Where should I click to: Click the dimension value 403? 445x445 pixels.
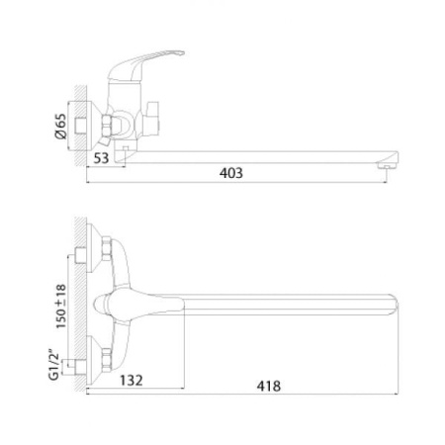(231, 173)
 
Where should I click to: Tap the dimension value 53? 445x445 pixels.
(101, 158)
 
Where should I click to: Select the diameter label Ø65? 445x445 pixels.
(61, 126)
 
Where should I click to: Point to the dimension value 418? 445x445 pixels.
(269, 386)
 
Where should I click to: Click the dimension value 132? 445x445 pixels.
(131, 381)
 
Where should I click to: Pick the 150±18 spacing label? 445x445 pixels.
(61, 307)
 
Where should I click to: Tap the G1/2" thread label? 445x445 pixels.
(54, 364)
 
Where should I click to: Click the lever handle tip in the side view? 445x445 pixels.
(181, 52)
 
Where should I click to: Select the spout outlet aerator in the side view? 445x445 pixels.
(387, 166)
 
